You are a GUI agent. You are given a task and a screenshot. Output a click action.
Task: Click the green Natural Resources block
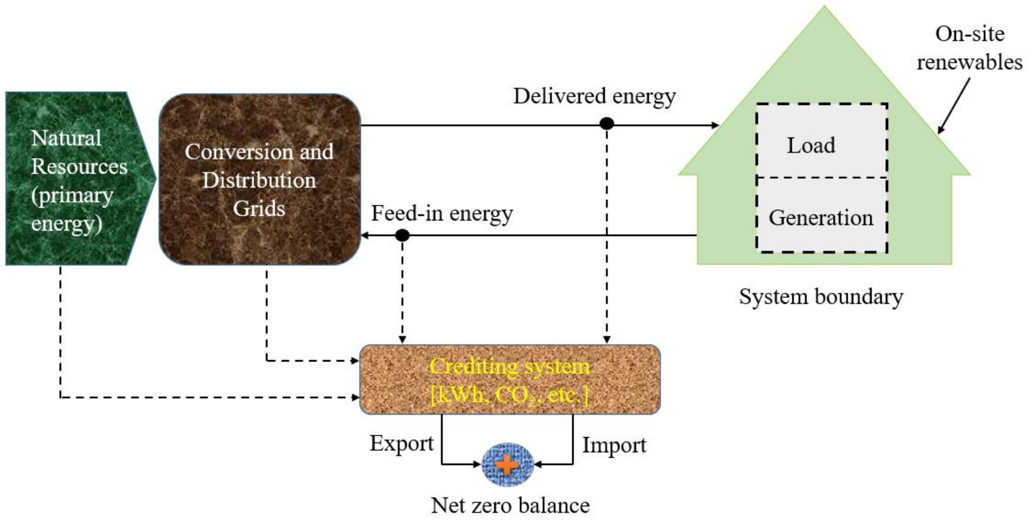(76, 179)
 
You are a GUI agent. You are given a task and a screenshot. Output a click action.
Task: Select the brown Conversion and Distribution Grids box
(260, 180)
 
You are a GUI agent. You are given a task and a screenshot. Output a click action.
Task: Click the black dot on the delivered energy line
(607, 124)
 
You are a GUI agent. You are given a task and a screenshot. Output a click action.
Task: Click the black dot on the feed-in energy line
(402, 235)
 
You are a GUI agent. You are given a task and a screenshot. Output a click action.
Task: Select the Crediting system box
(510, 379)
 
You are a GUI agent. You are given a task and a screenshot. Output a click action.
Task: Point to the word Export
(401, 443)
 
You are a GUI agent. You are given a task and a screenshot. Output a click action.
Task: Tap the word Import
(614, 445)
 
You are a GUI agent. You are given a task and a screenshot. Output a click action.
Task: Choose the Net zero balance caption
(510, 506)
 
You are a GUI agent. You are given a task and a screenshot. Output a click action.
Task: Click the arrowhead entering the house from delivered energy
(715, 125)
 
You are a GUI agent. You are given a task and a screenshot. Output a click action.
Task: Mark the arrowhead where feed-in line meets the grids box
(364, 236)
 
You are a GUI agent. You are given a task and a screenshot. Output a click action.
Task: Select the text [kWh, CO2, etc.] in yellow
(510, 395)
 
